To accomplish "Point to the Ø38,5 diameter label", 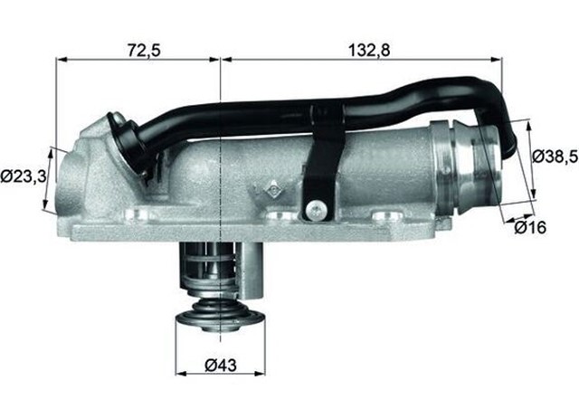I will point(553,155).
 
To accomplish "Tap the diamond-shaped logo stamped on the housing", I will point(271,190).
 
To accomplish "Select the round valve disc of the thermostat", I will point(220,317).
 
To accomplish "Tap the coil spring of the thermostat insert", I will point(218,271).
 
